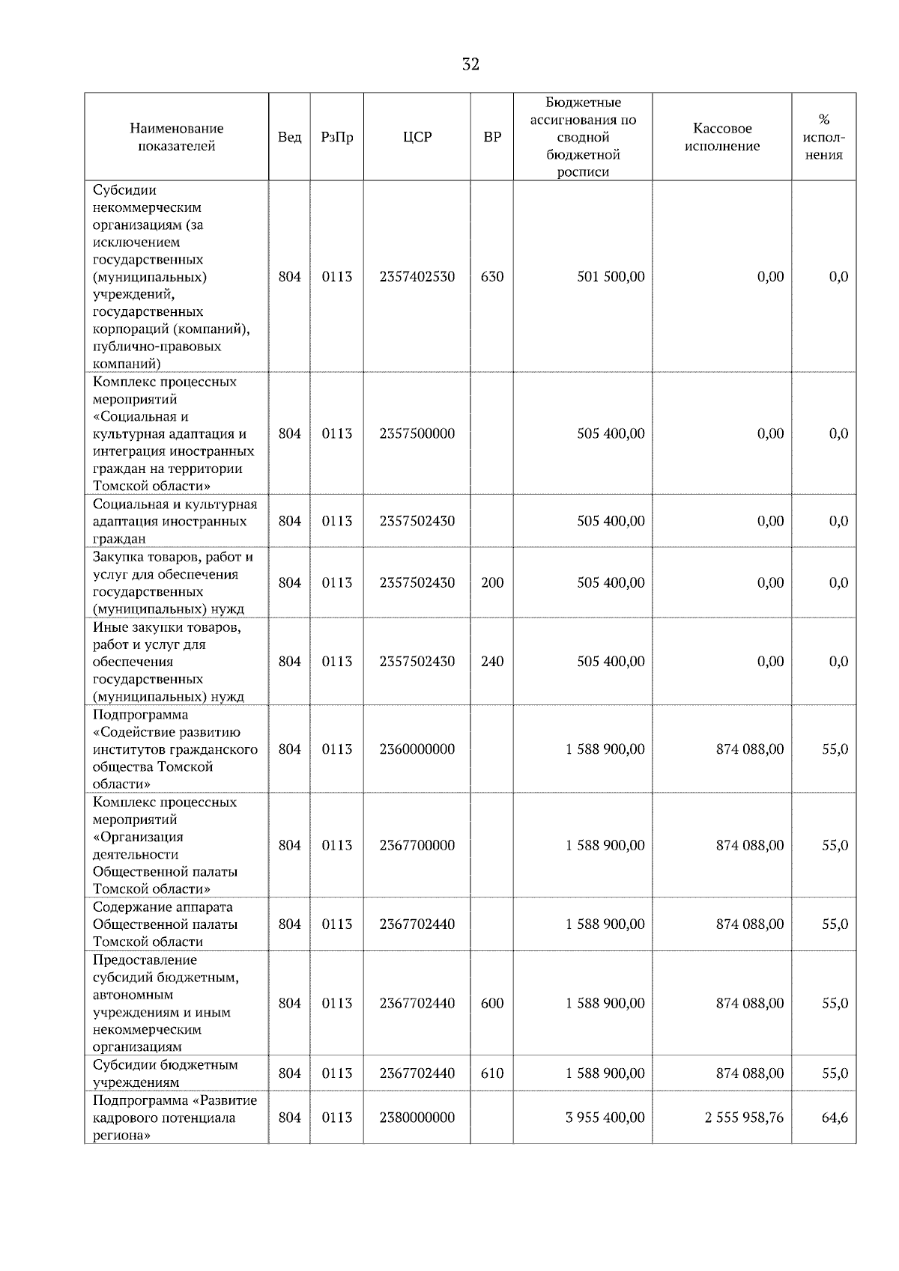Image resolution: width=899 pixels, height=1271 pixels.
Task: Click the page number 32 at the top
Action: (470, 65)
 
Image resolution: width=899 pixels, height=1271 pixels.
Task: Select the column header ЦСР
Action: (417, 137)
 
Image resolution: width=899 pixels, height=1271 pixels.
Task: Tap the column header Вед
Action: (289, 137)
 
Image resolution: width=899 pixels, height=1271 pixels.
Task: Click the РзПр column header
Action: (336, 137)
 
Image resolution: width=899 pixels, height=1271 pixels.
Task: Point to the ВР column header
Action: (492, 137)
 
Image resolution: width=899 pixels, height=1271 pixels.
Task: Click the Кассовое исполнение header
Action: (721, 137)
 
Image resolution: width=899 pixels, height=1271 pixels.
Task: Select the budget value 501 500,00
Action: (611, 276)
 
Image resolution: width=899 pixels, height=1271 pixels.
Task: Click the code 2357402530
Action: (417, 276)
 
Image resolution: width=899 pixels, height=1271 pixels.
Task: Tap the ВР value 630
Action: (492, 276)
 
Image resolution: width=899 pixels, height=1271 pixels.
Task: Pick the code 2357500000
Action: (417, 433)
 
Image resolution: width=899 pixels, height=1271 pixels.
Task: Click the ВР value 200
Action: (492, 582)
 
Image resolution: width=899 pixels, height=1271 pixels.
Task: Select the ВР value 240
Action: (492, 661)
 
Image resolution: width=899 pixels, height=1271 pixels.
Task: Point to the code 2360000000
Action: (417, 749)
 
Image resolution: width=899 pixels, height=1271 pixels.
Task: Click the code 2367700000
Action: (417, 845)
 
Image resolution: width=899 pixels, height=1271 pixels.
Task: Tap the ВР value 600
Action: (492, 1003)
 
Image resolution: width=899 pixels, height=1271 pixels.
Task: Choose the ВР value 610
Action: (492, 1073)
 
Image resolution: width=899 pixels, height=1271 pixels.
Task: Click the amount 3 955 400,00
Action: (605, 1118)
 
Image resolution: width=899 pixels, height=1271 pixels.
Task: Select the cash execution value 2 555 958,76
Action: (744, 1118)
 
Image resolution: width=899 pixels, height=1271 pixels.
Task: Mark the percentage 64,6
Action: (835, 1118)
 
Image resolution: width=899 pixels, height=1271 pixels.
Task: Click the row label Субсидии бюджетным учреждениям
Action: (165, 1073)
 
